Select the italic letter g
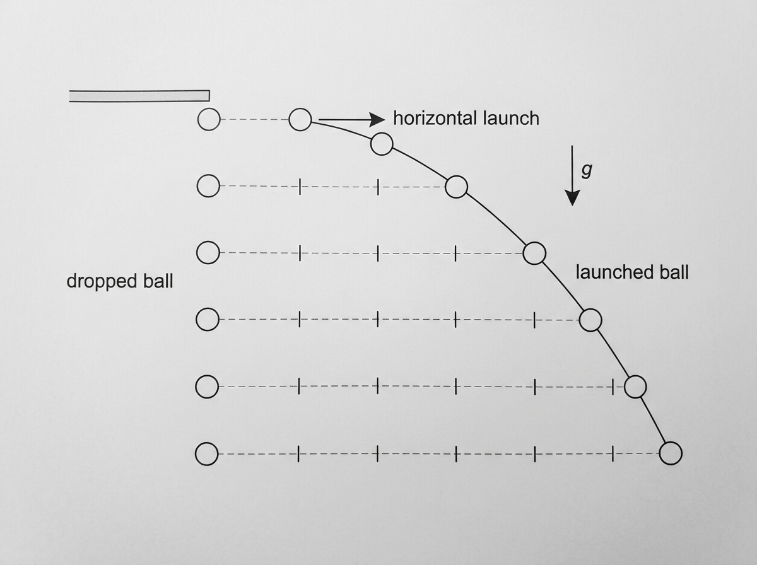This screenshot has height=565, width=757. pos(587,170)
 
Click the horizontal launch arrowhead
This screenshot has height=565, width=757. pos(377,120)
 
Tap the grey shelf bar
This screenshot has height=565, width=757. pos(139,96)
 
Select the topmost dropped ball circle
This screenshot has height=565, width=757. pos(209,120)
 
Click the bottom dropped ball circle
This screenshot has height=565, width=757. pos(206,454)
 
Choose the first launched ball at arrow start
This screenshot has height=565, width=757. pos(300,120)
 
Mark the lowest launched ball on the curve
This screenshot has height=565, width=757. pos(671,453)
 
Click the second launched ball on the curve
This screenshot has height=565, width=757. pos(382,144)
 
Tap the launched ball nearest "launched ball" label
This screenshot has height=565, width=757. pos(534,253)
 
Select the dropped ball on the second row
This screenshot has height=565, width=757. pos(208,186)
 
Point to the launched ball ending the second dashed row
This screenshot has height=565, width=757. pos(456,187)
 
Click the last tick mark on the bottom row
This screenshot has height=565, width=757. pos(613,453)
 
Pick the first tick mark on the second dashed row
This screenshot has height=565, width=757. pos(300,187)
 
